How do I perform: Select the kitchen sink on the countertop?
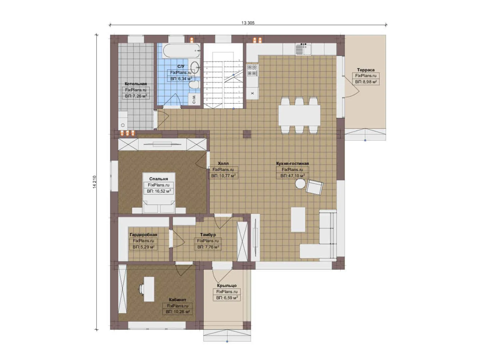pyautogui.click(x=303, y=49)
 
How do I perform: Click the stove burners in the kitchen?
pyautogui.click(x=252, y=70)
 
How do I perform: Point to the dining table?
pyautogui.click(x=299, y=115)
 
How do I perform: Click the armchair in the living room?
pyautogui.click(x=314, y=187)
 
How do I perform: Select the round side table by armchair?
pyautogui.click(x=300, y=184)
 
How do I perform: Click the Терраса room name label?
pyautogui.click(x=365, y=70)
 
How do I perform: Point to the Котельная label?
pyautogui.click(x=136, y=84)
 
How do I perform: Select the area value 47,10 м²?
pyautogui.click(x=292, y=176)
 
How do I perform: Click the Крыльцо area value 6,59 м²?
pyautogui.click(x=227, y=298)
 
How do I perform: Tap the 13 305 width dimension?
pyautogui.click(x=248, y=23)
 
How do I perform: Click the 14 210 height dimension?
pyautogui.click(x=94, y=182)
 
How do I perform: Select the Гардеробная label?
pyautogui.click(x=143, y=235)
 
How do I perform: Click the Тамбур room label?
pyautogui.click(x=208, y=235)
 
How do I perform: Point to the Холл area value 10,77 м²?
pyautogui.click(x=223, y=176)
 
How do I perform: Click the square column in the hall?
pyautogui.click(x=247, y=134)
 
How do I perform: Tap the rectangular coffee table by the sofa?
pyautogui.click(x=298, y=219)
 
